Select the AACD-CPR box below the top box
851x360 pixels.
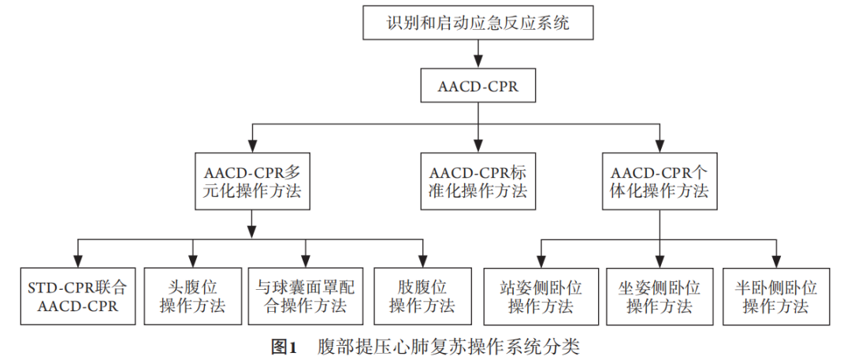478,86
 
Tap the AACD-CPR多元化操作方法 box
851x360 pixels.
251,181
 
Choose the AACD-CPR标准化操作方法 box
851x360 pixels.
478,181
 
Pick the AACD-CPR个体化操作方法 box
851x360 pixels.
660,181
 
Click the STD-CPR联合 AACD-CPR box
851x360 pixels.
76,295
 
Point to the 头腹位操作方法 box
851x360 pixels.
192,295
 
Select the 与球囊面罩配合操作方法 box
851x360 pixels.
307,295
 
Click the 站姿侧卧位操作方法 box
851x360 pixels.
541,295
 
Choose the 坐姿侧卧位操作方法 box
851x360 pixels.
660,295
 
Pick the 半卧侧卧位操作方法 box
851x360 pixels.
775,295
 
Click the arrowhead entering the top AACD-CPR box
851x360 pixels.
478,63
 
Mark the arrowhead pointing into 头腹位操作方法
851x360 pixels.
192,260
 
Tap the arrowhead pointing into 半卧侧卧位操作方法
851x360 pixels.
775,260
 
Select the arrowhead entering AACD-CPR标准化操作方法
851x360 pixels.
478,147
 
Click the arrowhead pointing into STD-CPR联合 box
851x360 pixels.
76,260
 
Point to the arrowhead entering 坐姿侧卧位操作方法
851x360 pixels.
660,260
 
